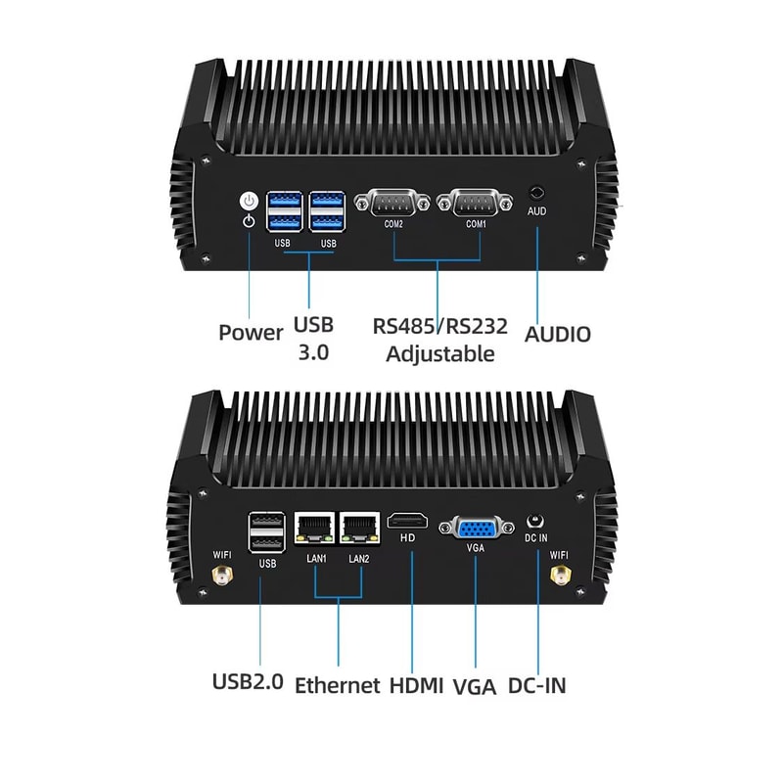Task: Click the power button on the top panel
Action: pos(250,201)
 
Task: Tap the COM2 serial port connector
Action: pos(392,204)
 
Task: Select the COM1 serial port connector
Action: pos(476,204)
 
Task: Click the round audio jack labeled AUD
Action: pos(537,193)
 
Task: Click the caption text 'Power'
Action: pos(251,333)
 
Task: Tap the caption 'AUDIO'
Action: pos(558,334)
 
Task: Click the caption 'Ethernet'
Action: pos(337,685)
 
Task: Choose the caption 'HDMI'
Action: pos(416,685)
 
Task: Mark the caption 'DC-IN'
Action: pos(536,685)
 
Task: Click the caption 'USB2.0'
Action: pos(248,681)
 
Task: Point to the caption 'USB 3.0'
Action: pos(313,338)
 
